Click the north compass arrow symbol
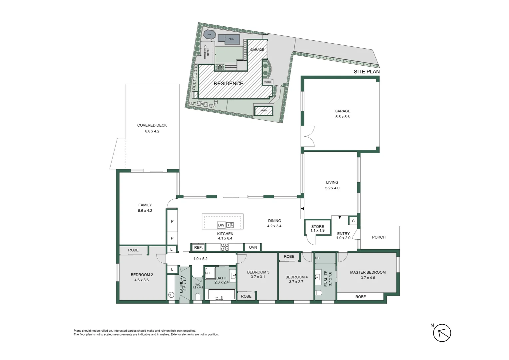(x=442, y=333)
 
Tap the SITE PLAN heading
(x=366, y=72)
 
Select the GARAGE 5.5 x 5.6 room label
(x=342, y=114)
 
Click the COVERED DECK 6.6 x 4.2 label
(x=152, y=128)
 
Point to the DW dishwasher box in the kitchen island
(x=221, y=225)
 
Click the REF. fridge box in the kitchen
(x=198, y=247)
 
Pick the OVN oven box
(x=253, y=247)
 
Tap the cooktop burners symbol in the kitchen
(x=225, y=247)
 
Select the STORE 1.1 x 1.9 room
(x=317, y=228)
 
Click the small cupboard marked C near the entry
(x=353, y=221)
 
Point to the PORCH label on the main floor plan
(x=379, y=237)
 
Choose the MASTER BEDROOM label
(x=368, y=273)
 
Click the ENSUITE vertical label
(x=328, y=279)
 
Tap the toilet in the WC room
(x=197, y=296)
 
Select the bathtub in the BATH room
(x=222, y=295)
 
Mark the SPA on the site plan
(x=209, y=34)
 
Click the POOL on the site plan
(x=231, y=39)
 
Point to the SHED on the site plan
(x=263, y=110)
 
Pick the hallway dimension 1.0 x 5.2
(x=201, y=259)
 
